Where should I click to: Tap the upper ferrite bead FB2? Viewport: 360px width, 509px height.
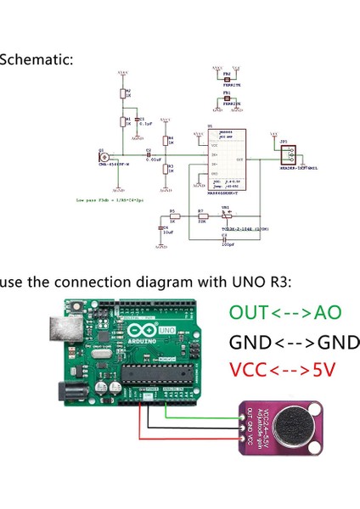click(x=227, y=78)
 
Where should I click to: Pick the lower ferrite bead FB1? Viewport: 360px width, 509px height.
click(x=227, y=98)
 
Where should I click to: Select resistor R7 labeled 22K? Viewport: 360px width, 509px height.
click(x=202, y=217)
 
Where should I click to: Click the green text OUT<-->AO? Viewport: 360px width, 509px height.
click(x=284, y=313)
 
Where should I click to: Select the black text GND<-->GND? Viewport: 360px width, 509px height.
click(x=294, y=343)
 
